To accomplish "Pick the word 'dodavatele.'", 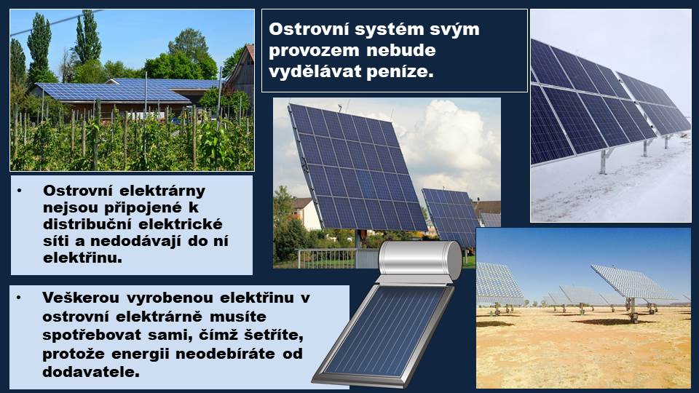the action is [91, 372].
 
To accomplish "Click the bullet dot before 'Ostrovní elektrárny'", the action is [19, 191].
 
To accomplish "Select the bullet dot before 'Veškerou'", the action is [19, 297].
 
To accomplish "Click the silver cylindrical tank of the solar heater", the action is [419, 260].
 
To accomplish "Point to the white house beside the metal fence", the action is [307, 214].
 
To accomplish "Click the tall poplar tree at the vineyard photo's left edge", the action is [39, 49].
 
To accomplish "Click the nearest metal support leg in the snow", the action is [605, 162].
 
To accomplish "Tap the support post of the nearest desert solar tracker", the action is [632, 310].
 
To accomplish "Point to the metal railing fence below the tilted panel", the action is [330, 258].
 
